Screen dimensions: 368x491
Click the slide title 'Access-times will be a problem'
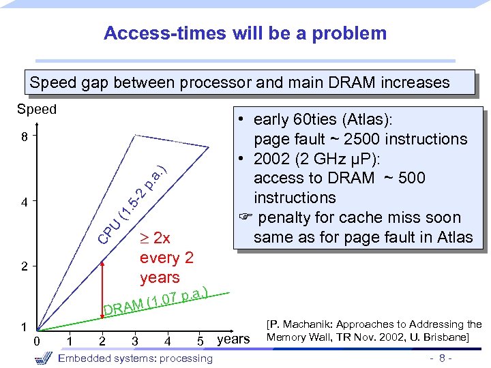[x=245, y=33]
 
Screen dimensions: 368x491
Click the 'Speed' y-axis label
[x=37, y=110]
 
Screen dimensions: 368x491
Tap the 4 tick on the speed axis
[x=24, y=202]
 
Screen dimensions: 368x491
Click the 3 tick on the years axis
[x=135, y=341]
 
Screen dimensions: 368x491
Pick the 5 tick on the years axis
[x=200, y=341]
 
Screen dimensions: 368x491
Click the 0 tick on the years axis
[x=38, y=340]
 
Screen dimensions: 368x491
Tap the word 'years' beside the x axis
[x=233, y=339]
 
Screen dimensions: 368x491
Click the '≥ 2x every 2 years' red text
[x=160, y=258]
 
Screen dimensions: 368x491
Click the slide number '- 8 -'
[x=439, y=358]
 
